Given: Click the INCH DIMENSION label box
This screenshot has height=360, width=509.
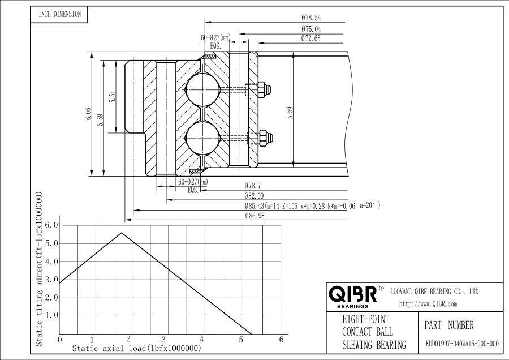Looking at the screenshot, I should [x=59, y=15].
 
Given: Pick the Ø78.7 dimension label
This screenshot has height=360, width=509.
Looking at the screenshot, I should [x=252, y=186].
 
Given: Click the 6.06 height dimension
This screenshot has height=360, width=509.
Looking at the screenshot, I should [x=88, y=114].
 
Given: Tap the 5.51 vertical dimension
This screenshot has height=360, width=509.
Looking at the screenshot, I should [x=113, y=97].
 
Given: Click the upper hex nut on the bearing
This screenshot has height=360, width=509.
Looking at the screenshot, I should [x=263, y=89].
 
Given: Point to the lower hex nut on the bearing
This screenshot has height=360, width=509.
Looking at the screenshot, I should [x=264, y=136].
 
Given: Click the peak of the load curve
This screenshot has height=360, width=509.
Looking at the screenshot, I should [x=121, y=233].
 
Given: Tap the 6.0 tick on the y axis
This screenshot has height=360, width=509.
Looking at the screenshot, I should [x=51, y=225].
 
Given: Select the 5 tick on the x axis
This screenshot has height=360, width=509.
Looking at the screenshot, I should [x=241, y=340].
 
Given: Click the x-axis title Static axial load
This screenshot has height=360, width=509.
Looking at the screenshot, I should [x=136, y=349].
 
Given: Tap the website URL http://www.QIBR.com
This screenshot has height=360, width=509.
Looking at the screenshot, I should [x=428, y=304].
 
